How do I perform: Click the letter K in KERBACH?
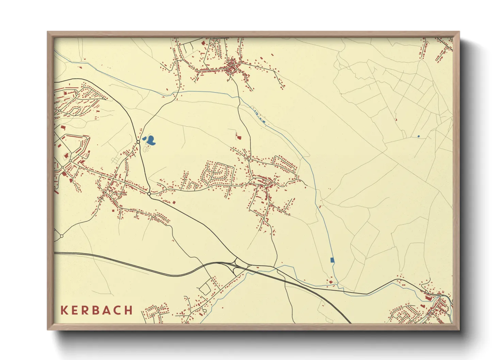(64, 310)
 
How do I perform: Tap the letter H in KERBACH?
(128, 310)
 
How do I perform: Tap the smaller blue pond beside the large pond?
(145, 138)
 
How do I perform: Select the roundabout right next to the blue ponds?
(138, 142)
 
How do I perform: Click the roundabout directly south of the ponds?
(149, 194)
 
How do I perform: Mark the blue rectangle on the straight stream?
(332, 260)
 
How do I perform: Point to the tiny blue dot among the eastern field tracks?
(419, 136)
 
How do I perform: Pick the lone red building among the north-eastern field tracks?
(396, 119)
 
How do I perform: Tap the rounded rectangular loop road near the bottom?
(205, 289)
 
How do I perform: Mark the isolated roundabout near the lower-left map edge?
(62, 236)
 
